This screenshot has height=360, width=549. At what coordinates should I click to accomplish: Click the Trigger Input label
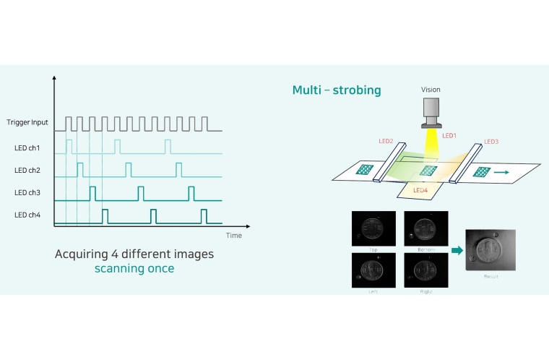coord(27,122)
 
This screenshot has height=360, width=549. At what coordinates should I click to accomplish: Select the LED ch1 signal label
coord(28,147)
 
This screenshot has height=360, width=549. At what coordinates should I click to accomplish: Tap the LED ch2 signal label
coord(28,171)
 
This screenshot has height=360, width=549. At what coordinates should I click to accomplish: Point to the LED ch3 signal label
coord(28,193)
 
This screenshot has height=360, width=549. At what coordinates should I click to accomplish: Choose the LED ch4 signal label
coord(28,215)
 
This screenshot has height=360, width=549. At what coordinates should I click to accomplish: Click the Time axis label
coord(233,236)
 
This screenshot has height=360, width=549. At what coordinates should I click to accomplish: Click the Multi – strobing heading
coord(337,90)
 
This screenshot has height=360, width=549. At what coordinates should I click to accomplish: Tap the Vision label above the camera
coord(431,90)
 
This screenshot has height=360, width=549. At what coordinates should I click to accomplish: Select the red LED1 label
coord(449,135)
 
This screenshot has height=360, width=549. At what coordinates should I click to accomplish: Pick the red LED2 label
coord(385,141)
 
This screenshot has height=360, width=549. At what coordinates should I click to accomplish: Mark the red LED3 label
coord(491,141)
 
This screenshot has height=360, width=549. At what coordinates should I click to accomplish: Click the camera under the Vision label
coord(431,111)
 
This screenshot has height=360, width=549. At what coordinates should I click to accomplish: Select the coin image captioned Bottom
coord(425,228)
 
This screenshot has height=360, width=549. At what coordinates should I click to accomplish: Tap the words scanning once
coord(134,268)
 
